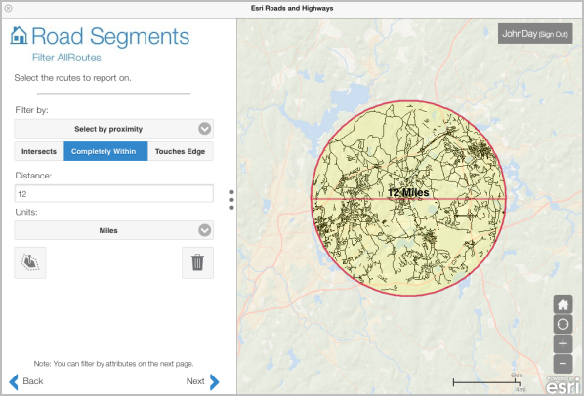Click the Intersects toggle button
tap(39, 151)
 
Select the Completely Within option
tap(105, 151)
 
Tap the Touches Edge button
tap(181, 151)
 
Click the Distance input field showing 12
tap(114, 194)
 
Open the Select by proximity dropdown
tap(114, 128)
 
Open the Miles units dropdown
tap(114, 230)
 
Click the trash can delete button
tap(197, 262)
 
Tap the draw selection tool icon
tap(30, 262)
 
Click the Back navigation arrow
tap(26, 381)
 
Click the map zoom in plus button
tap(563, 344)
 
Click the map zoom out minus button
tap(563, 364)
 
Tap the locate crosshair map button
tap(563, 324)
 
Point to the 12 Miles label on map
tap(409, 193)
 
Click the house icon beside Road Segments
tap(19, 37)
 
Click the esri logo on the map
tap(563, 385)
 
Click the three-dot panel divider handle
tap(231, 199)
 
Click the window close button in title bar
tap(8, 8)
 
